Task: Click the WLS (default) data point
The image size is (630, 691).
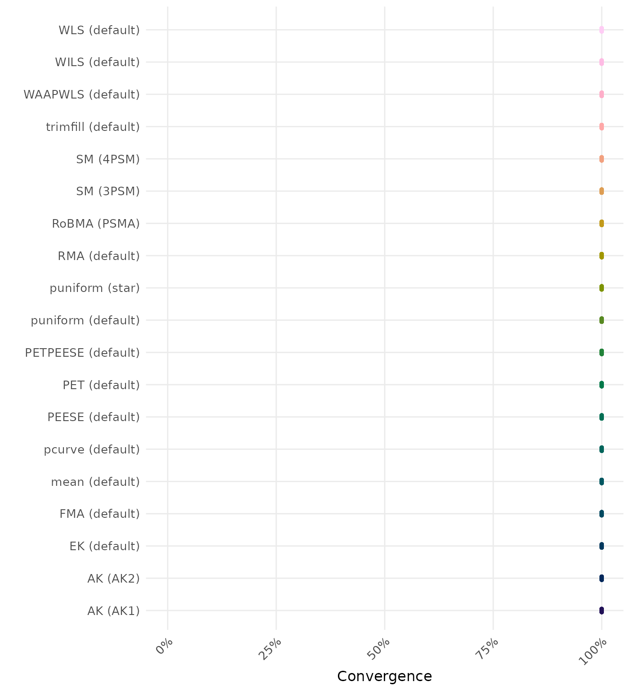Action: [601, 30]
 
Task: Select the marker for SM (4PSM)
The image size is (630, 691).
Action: [601, 159]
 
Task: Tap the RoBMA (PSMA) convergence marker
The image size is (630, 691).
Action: [601, 223]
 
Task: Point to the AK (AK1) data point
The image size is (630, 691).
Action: [601, 610]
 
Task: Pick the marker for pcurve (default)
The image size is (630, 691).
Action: [601, 449]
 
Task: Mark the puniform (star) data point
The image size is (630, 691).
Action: [601, 288]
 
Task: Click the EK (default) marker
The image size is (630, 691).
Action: [601, 546]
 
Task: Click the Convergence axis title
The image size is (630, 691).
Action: [384, 676]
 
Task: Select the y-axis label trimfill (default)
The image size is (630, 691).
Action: [93, 127]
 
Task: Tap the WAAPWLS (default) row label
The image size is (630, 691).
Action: [81, 94]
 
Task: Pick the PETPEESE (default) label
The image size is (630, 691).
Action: [82, 353]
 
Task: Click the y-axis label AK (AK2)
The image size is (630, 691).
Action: [113, 579]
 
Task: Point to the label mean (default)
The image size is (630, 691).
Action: [95, 482]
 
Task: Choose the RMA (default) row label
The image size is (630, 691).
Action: [99, 256]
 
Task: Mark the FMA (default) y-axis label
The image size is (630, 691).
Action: [99, 514]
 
